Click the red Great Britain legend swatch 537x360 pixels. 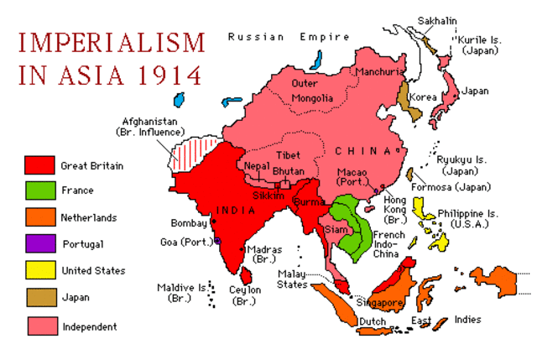tap(40, 165)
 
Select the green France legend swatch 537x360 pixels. tap(40, 191)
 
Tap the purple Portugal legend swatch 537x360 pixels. tap(40, 244)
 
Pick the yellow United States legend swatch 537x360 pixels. tap(40, 270)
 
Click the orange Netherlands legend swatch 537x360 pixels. tap(40, 218)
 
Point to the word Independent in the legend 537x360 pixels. tap(89, 326)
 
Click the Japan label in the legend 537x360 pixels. tap(76, 297)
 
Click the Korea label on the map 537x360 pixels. tap(423, 97)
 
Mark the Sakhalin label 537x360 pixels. tap(435, 18)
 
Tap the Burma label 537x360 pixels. tap(310, 201)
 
